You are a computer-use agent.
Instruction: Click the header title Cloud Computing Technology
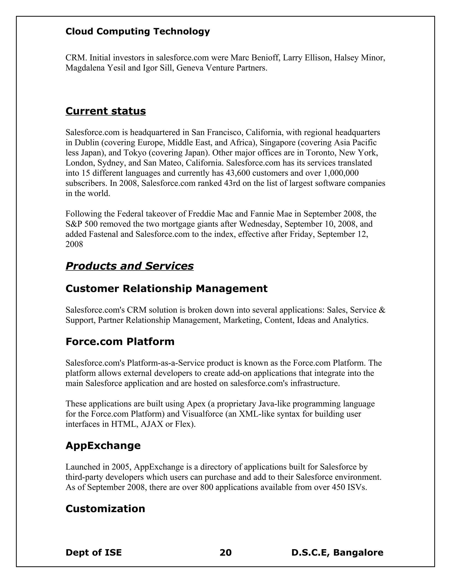[138, 31]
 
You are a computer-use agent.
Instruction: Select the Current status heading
[105, 111]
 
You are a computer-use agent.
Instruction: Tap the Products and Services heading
[129, 266]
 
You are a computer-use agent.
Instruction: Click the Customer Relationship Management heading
[166, 289]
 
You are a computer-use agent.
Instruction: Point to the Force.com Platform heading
[120, 341]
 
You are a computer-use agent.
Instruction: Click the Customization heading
[105, 509]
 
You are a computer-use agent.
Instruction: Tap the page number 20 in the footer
[225, 552]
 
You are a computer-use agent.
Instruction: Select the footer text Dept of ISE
[94, 552]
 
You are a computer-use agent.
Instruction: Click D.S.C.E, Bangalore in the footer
[337, 552]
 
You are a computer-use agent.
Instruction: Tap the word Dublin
[87, 143]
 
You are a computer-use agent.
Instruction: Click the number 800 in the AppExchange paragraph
[207, 488]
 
